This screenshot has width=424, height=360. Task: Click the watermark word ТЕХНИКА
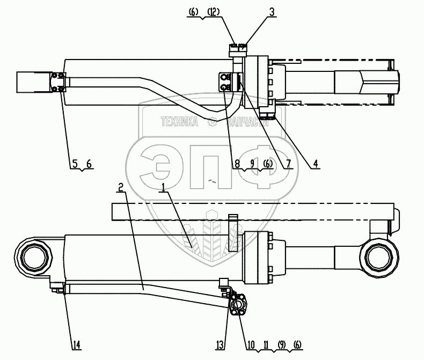180,122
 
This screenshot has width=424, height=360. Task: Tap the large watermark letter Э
161,166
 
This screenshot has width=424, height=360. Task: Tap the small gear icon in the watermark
213,122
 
